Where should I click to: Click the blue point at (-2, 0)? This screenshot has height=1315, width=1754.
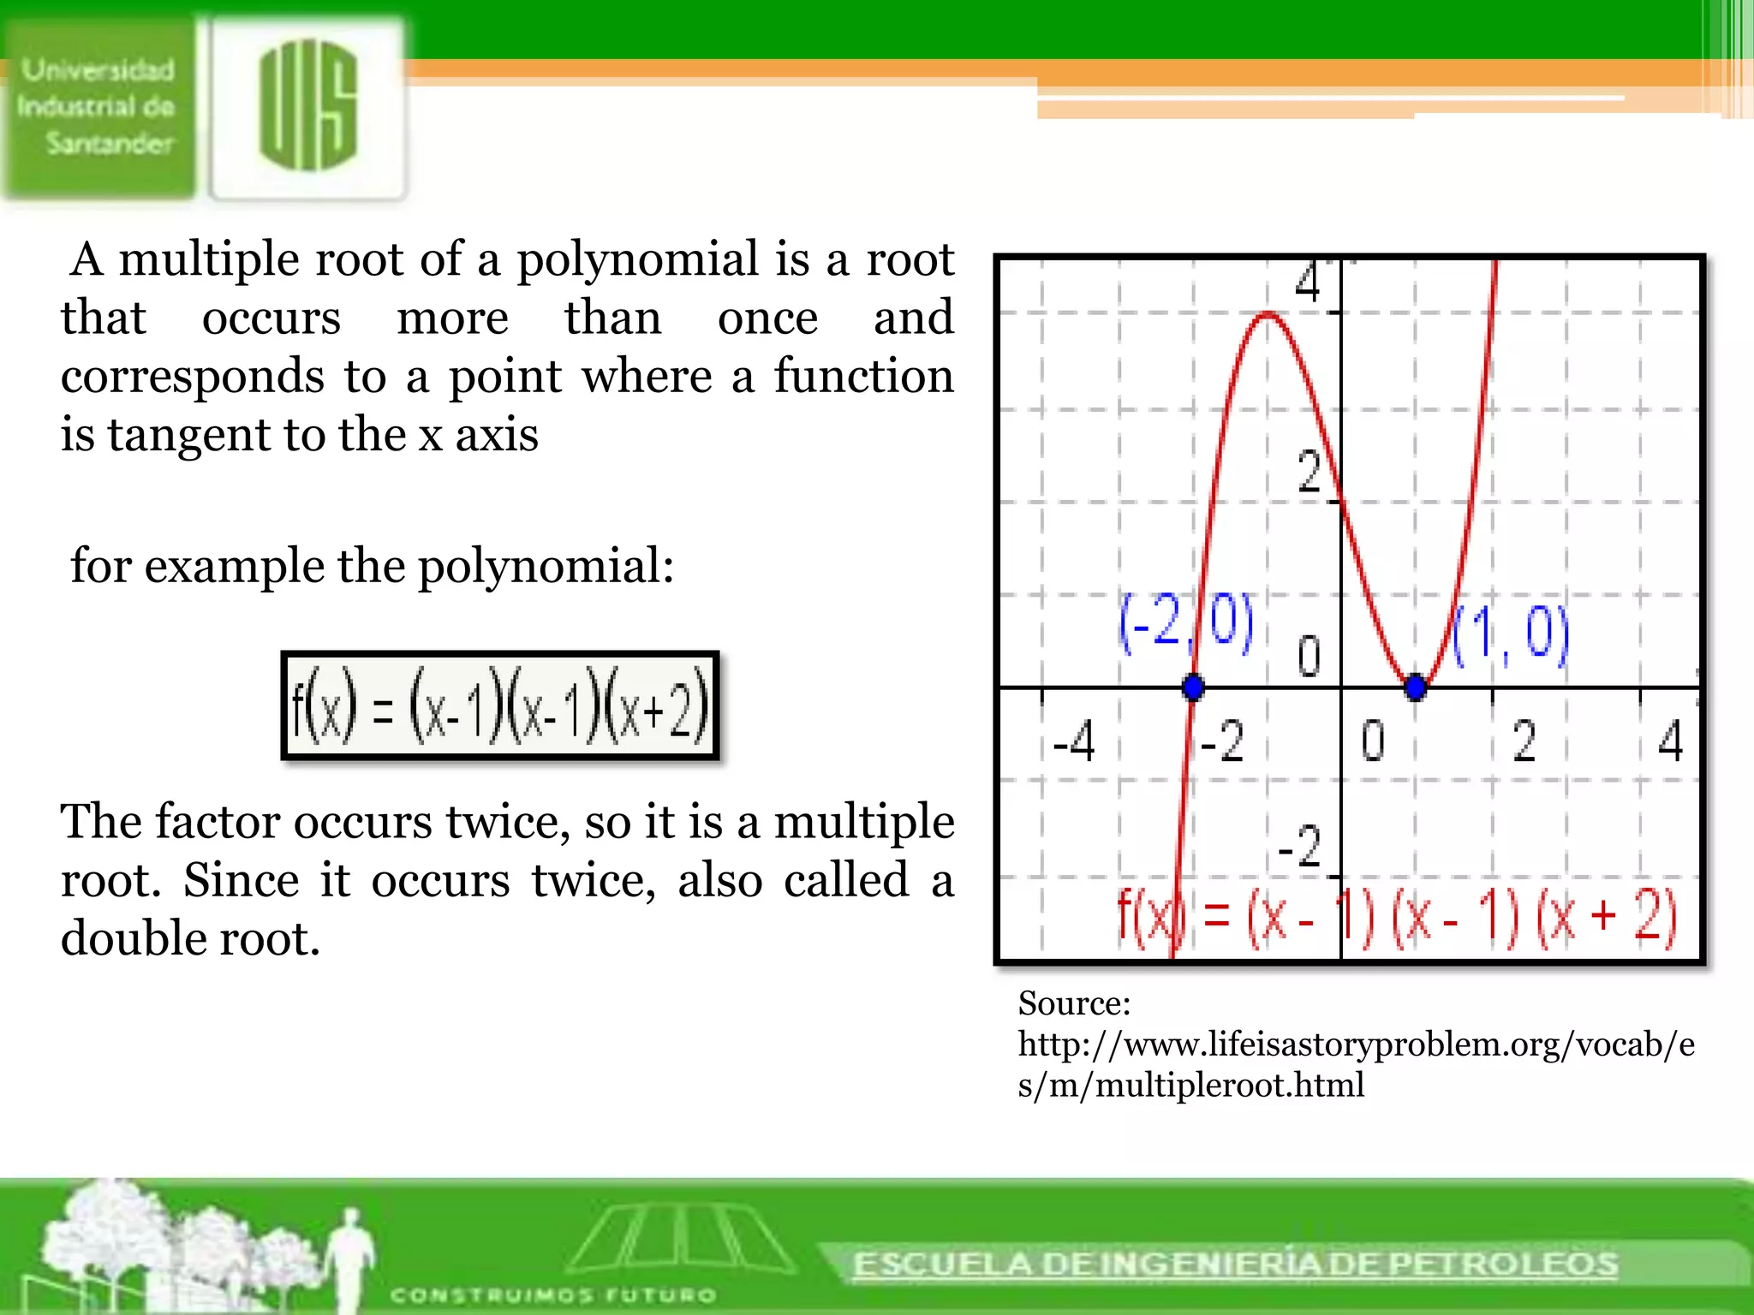tap(1192, 686)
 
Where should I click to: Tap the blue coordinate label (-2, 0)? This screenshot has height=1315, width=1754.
tap(1185, 622)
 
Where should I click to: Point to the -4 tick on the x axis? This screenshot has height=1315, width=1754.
tap(1074, 741)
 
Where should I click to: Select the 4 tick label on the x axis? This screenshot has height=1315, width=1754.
tap(1670, 741)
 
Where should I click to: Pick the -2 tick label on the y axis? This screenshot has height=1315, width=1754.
tap(1300, 847)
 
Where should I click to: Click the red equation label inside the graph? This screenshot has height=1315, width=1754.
tap(1396, 918)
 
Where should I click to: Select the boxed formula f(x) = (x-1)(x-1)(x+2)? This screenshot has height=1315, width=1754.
tap(500, 706)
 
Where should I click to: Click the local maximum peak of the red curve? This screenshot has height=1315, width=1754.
tap(1268, 316)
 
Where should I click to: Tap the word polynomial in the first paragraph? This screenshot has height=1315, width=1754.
tap(637, 259)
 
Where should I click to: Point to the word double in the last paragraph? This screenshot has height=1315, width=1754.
tap(134, 938)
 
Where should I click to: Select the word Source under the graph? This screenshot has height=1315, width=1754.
tap(1074, 1003)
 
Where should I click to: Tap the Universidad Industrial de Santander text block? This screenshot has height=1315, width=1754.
tap(98, 107)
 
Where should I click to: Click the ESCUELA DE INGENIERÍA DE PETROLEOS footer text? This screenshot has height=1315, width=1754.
tap(1235, 1264)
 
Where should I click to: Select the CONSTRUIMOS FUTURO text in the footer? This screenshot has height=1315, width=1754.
tap(553, 1294)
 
